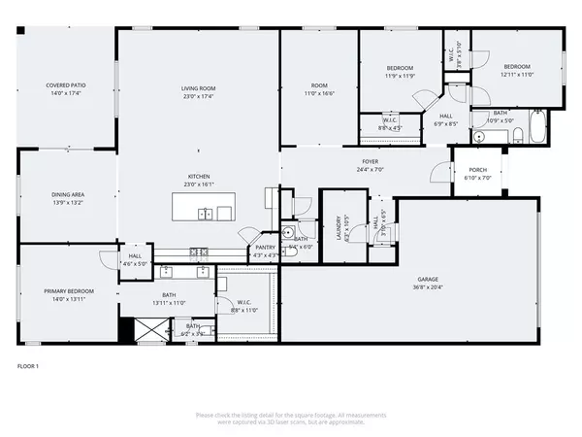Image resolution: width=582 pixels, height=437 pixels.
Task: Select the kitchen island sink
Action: [x=206, y=213]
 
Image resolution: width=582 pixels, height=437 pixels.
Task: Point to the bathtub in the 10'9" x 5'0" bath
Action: [x=532, y=134]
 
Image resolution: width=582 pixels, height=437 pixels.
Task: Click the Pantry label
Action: [x=266, y=247]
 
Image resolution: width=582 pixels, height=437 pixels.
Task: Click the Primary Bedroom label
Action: [x=68, y=290]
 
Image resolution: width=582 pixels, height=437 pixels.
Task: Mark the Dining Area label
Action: [x=68, y=195]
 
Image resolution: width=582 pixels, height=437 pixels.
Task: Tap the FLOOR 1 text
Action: [x=28, y=366]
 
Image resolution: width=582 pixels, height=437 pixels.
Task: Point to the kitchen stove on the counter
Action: [x=198, y=252]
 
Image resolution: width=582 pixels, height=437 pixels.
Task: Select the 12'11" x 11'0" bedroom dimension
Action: [x=517, y=74]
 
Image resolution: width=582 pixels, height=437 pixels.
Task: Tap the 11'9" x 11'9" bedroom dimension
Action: [x=401, y=75]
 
